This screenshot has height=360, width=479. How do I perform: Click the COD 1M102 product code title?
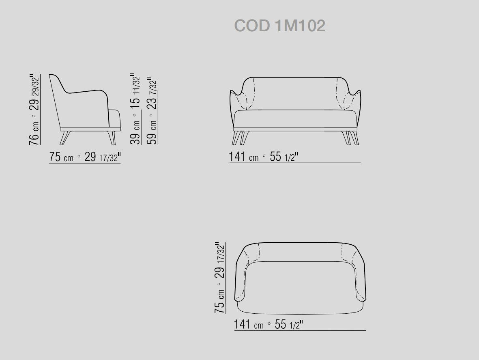coord(279,26)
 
